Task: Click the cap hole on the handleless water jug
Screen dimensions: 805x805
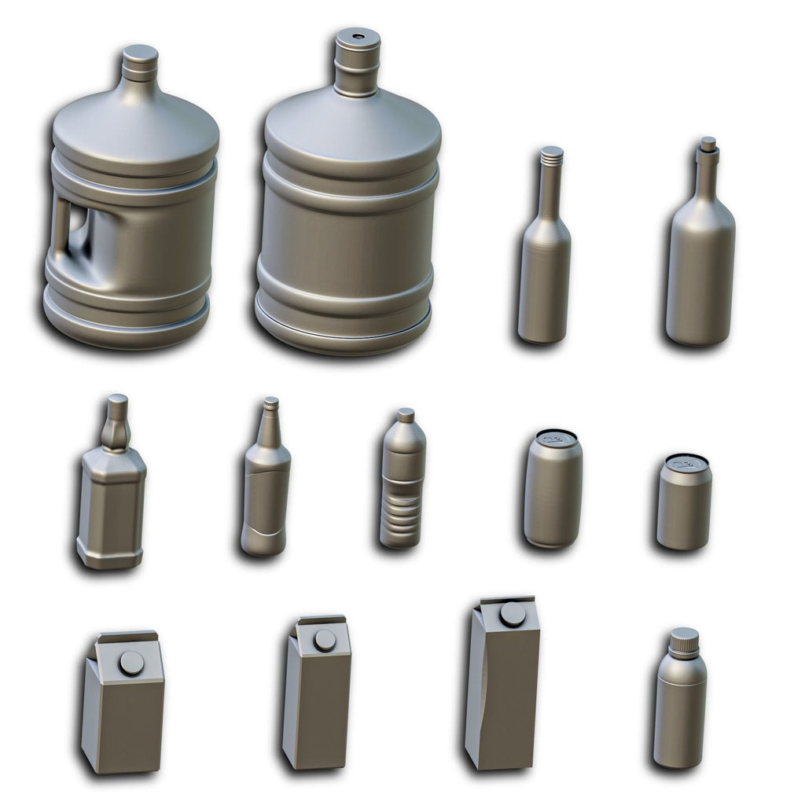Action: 358,37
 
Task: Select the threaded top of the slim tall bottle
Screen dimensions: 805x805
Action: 552,155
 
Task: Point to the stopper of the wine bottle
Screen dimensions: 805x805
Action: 708,144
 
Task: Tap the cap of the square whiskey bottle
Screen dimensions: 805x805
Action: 117,402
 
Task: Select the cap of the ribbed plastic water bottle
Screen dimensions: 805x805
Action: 406,414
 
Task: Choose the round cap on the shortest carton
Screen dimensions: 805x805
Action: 131,663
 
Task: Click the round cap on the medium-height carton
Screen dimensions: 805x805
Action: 324,640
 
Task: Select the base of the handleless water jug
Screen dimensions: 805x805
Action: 343,334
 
